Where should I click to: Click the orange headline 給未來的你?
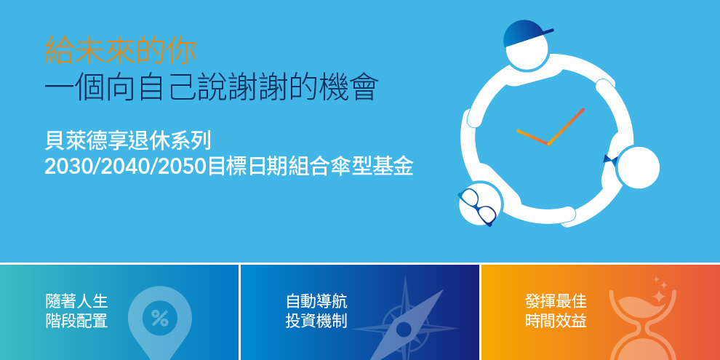coord(120,50)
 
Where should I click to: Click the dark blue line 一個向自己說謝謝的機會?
coord(211,87)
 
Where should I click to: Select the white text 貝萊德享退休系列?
coord(128,141)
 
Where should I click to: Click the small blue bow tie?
coord(610,161)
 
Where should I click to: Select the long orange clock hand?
coord(566,127)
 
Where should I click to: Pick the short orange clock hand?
coord(532,137)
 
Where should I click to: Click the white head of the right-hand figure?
coord(639,167)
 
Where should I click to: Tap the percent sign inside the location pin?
coord(160,318)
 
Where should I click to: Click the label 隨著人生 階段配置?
coord(76,311)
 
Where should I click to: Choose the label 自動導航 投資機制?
coord(316,311)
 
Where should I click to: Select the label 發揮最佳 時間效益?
coord(556,311)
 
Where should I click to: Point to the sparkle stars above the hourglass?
coord(659,289)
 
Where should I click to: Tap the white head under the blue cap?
coord(527,50)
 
